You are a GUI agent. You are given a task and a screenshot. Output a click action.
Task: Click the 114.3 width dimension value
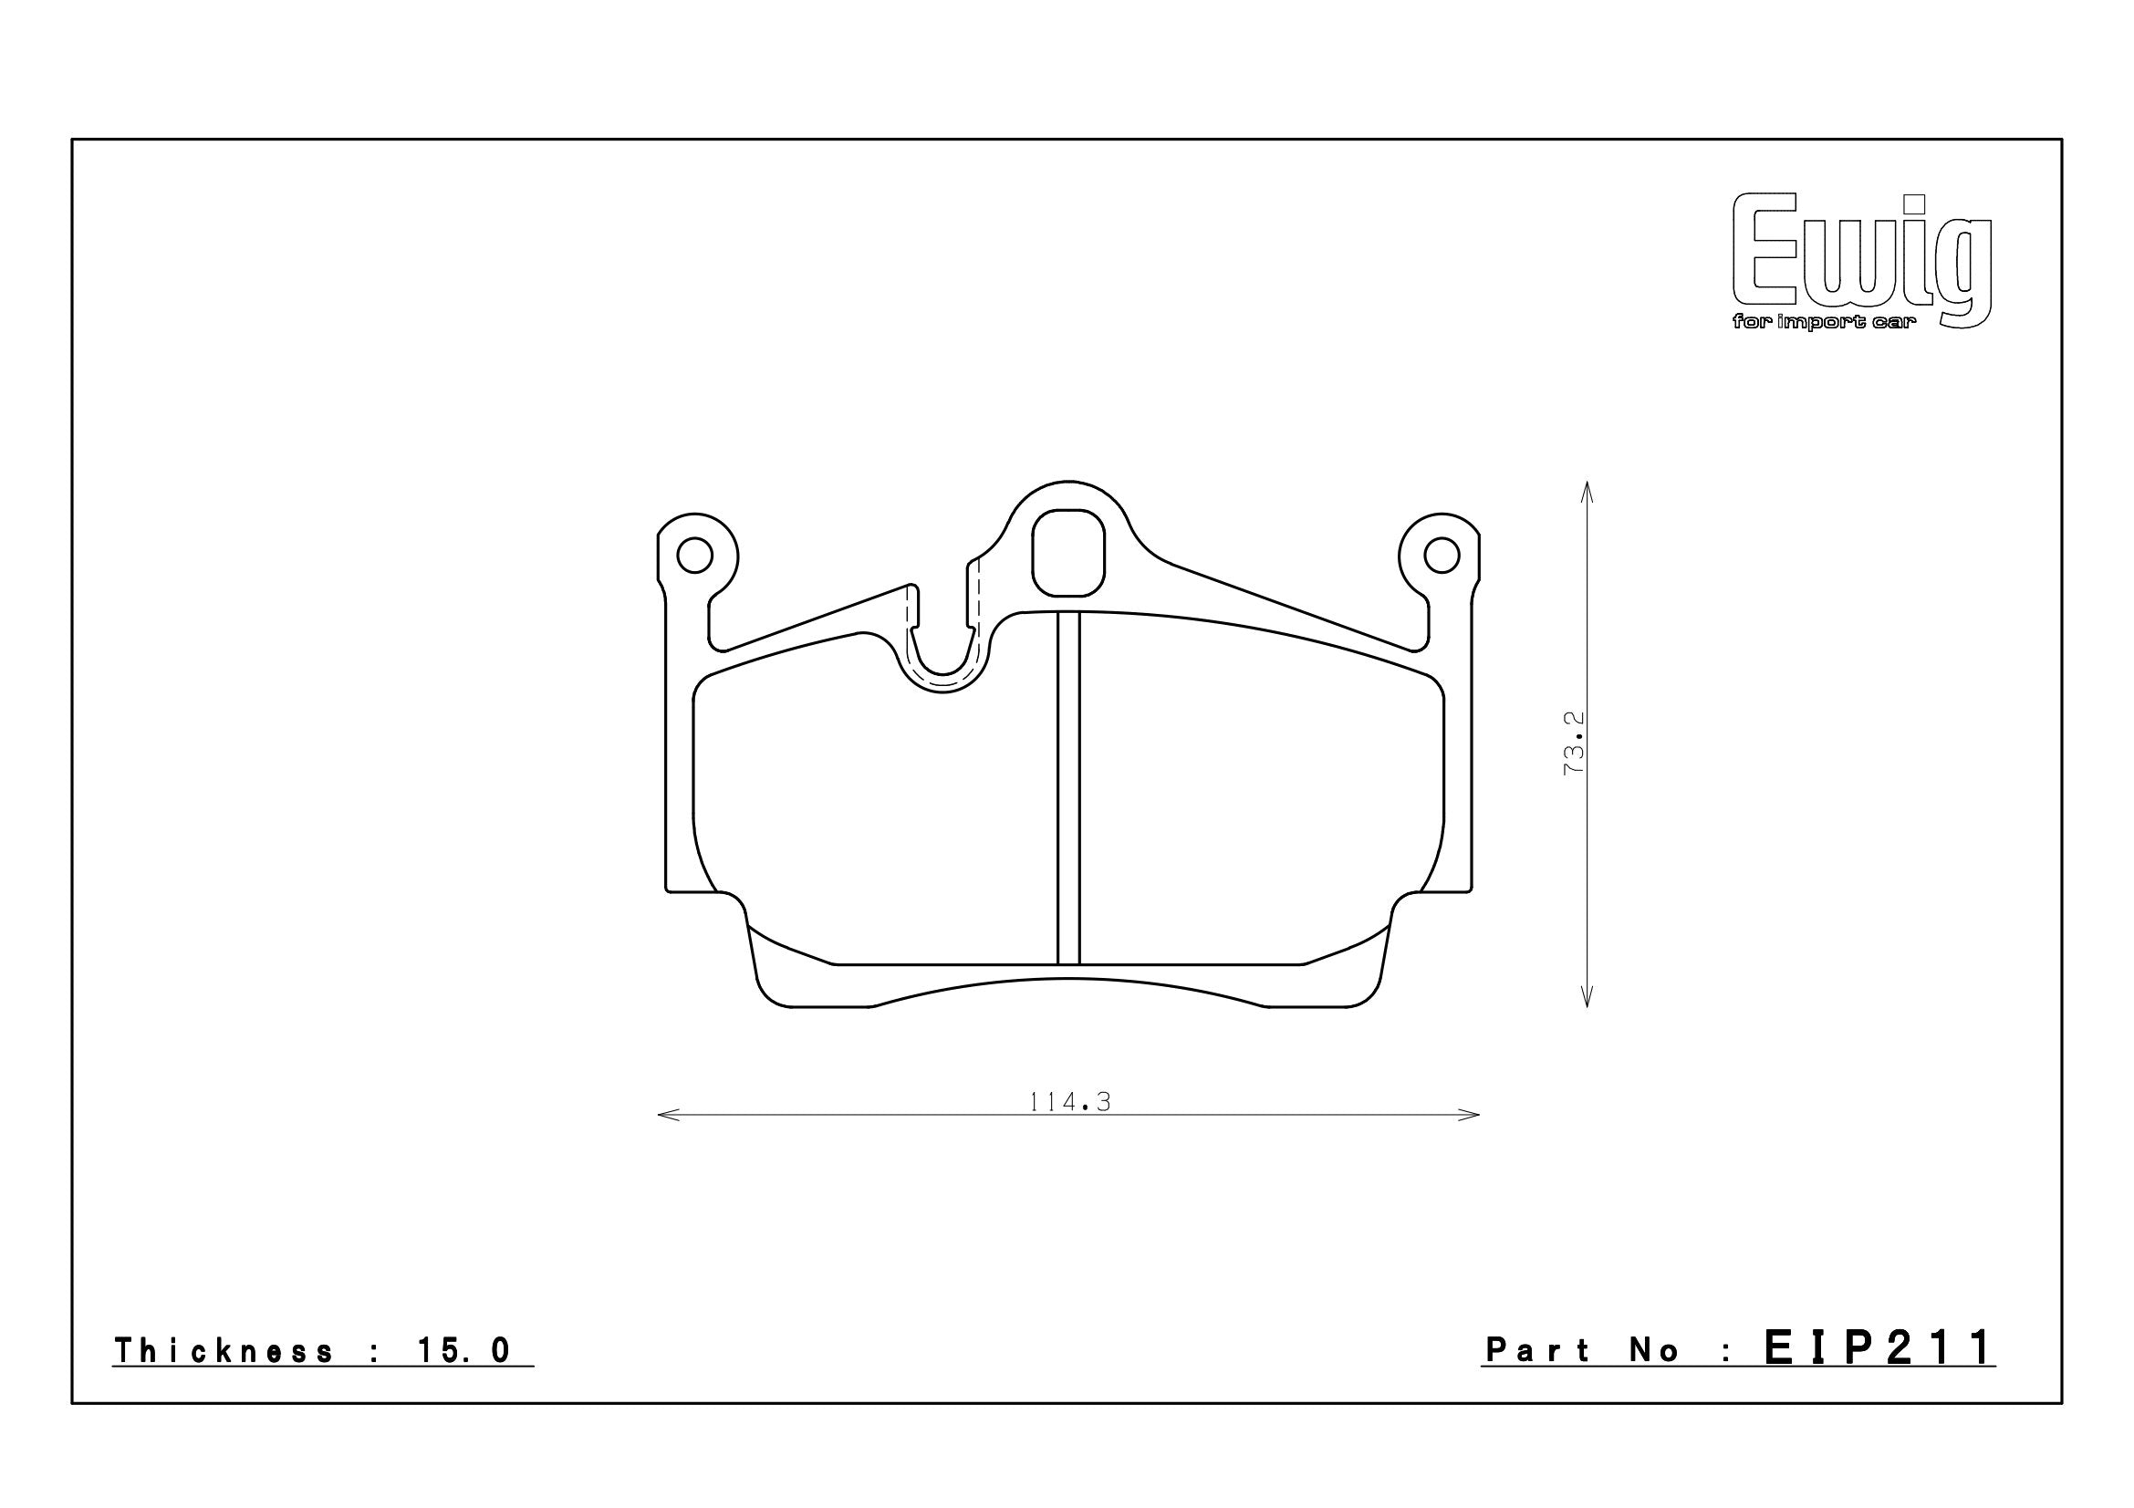[x=1070, y=1101]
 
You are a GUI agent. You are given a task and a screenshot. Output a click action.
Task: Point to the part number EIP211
[x=1879, y=1347]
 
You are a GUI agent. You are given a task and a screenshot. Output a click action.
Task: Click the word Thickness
[x=223, y=1351]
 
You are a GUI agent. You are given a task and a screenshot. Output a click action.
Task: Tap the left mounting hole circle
[x=694, y=556]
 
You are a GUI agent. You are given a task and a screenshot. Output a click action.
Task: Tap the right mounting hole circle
[x=1442, y=556]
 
